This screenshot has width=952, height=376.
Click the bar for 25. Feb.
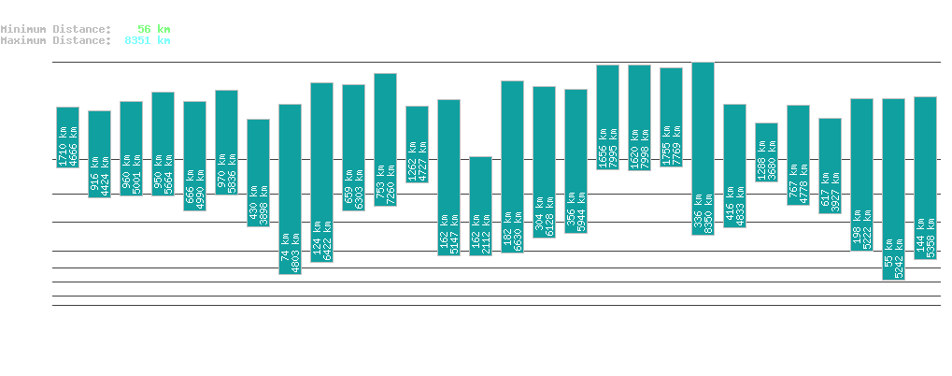tap(703, 148)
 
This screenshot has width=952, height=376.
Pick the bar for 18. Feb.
tap(480, 206)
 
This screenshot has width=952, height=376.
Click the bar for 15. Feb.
tap(385, 139)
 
